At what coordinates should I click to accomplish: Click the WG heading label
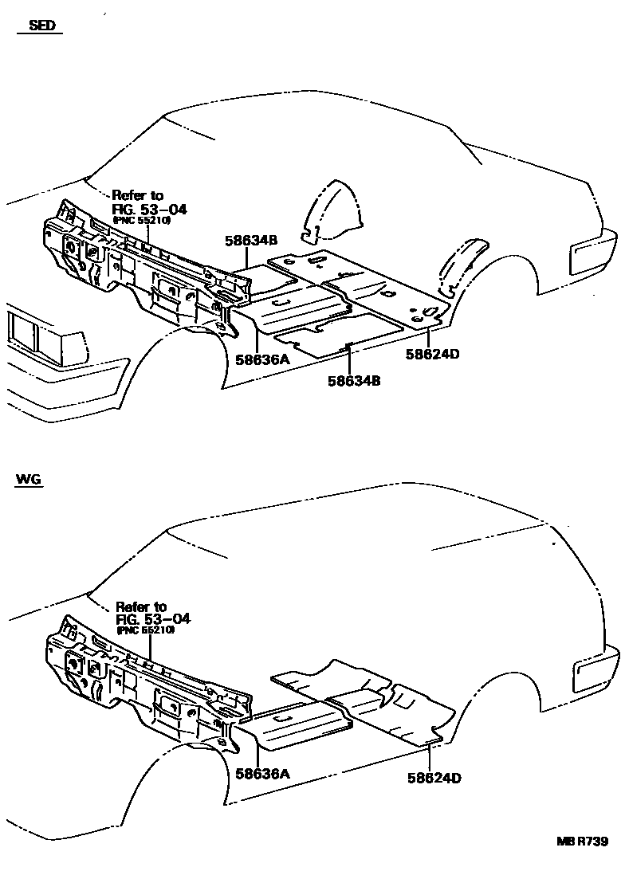[29, 480]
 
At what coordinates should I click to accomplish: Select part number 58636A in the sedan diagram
[261, 359]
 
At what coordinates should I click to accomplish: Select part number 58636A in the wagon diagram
[261, 772]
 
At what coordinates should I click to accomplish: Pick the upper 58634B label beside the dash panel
[250, 239]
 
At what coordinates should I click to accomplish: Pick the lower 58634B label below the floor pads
[353, 381]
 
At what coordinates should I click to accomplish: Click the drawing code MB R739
[583, 842]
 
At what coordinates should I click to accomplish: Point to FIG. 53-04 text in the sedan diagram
[149, 209]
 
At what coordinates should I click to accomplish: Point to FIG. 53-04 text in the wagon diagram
[153, 618]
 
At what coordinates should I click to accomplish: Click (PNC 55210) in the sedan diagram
[141, 221]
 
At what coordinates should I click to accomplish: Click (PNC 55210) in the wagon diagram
[145, 630]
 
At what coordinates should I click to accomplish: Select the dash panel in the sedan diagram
[136, 271]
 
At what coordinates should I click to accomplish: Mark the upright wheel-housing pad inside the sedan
[333, 211]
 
